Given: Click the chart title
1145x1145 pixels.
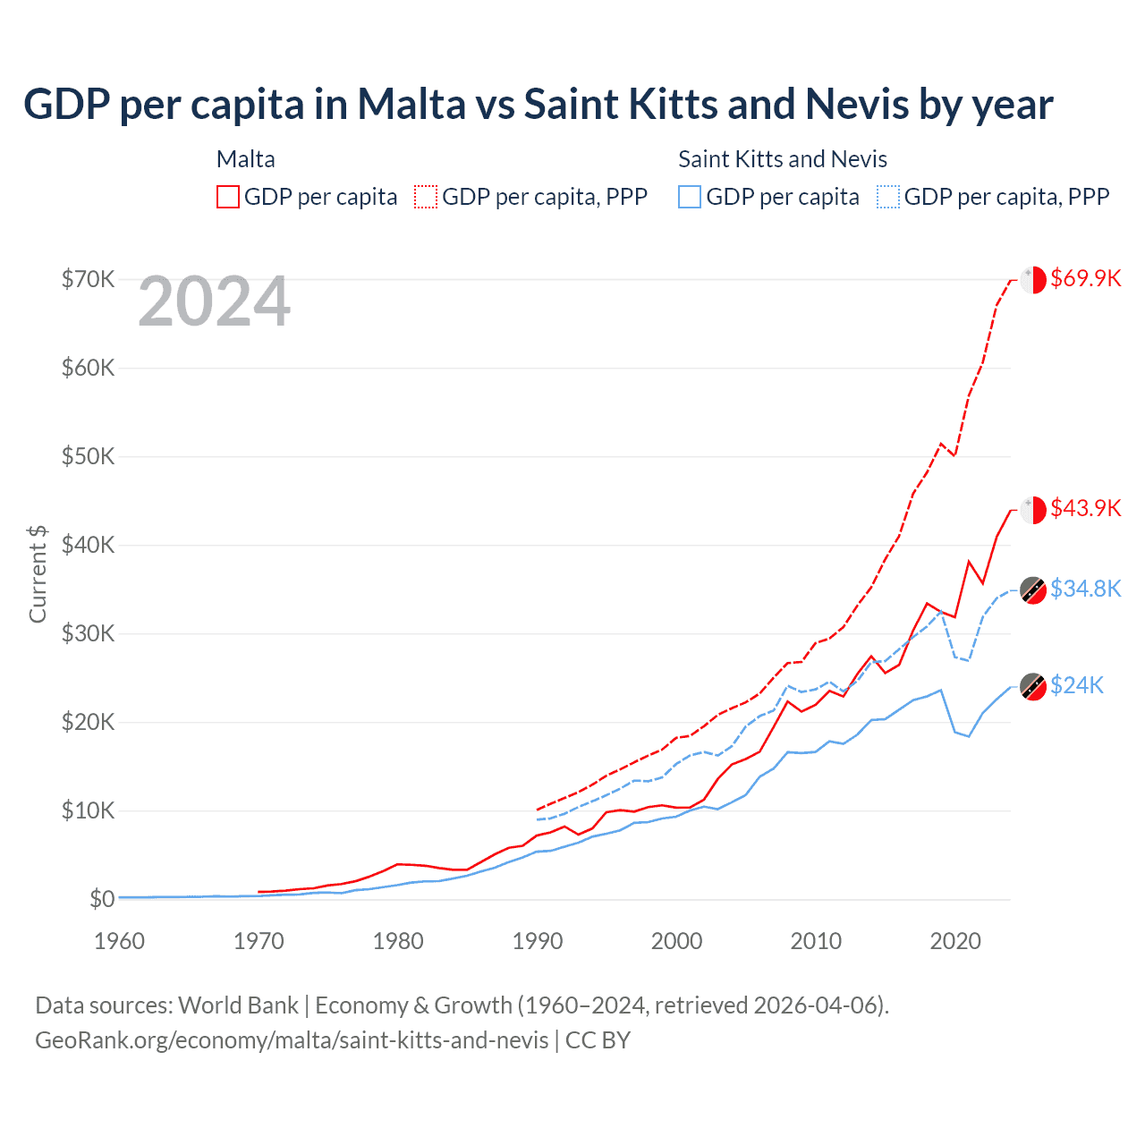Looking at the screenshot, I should coord(538,105).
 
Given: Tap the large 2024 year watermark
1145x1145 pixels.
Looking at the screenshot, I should coord(214,302).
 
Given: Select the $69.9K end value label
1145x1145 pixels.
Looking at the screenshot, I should coord(1085,278).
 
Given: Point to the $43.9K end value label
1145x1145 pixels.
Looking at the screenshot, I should coord(1085,508).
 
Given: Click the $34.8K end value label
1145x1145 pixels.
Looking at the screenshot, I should coord(1085,589).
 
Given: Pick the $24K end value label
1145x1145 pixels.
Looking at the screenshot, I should coord(1077,685).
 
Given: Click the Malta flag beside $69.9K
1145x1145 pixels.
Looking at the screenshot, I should coord(1033,279).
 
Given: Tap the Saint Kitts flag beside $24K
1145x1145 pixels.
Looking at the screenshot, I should coord(1033,686).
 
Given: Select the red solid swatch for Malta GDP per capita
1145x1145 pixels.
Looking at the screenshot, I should coord(228,197).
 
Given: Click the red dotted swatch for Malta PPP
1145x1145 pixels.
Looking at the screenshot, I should coord(426,197).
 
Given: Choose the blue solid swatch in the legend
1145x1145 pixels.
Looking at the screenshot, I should coord(690,197).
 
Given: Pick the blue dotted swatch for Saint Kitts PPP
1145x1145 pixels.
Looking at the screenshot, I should coord(888,197).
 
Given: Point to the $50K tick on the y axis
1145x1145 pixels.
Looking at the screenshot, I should coord(89,456).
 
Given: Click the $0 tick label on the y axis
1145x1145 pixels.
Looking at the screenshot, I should coord(102,899).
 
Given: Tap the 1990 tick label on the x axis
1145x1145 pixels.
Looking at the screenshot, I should coord(538,941).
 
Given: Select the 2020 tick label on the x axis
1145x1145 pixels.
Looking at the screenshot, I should coord(955,941).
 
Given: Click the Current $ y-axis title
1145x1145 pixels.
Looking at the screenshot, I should coord(38,574).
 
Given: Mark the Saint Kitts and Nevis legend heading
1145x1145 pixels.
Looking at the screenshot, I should coord(783,159).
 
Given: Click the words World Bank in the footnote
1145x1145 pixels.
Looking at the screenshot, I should coord(238,1005).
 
